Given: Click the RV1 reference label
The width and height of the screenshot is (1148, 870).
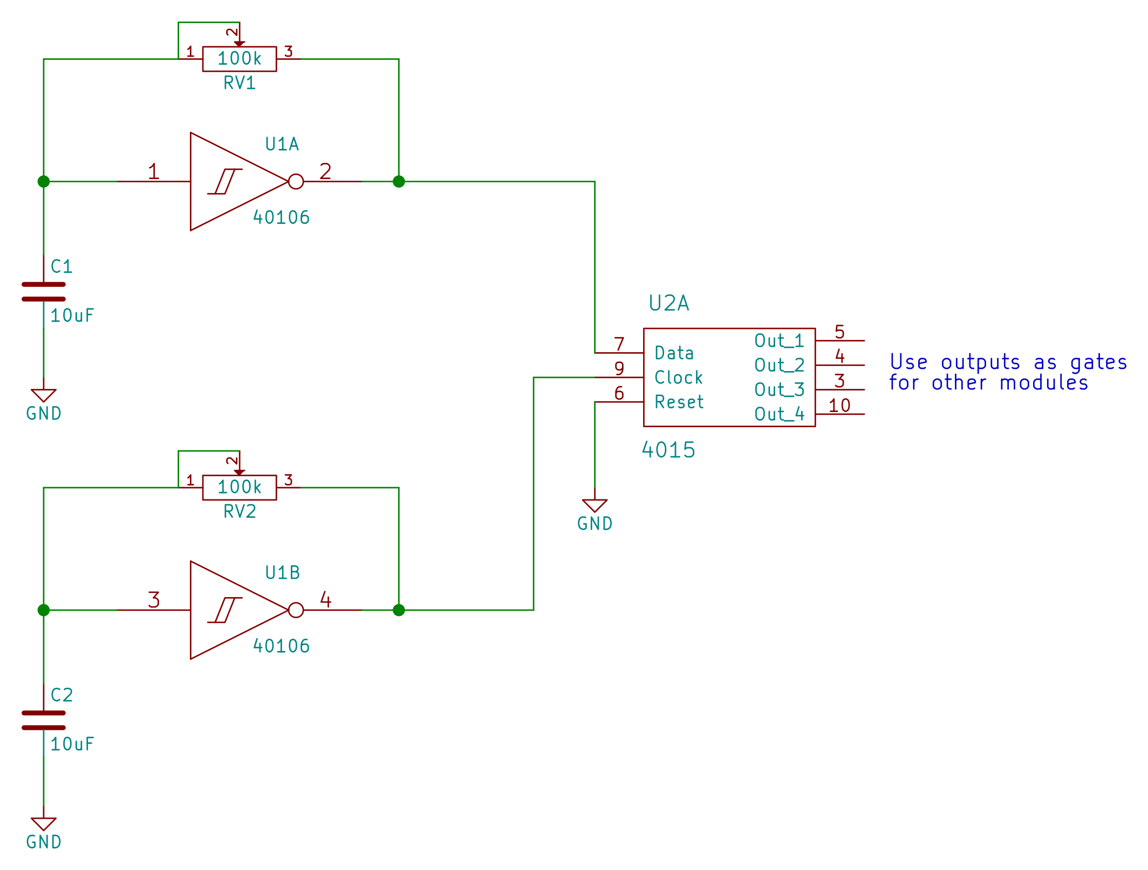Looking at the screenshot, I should [x=240, y=83].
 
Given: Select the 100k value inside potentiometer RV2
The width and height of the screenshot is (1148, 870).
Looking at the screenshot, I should [x=240, y=487].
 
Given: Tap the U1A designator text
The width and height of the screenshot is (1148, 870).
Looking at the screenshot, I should [x=282, y=144].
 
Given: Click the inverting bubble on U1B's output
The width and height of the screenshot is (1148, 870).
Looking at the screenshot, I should [x=296, y=610].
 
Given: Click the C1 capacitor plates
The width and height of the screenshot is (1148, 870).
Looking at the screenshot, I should [x=44, y=291].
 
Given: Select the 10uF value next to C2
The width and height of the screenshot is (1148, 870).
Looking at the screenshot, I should [x=72, y=744].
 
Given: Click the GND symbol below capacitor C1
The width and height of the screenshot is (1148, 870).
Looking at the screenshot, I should [x=44, y=396].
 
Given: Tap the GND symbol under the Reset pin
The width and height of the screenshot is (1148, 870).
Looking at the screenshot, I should [x=594, y=506].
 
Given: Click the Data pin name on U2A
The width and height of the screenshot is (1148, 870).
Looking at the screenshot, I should [x=674, y=353].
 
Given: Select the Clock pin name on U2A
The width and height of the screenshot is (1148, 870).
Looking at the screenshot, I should [x=678, y=378].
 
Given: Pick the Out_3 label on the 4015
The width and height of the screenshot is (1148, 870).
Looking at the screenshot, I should [x=779, y=389].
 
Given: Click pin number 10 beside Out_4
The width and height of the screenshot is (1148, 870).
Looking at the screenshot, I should [x=839, y=406].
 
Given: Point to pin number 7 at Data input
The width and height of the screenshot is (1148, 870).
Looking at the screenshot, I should [x=619, y=344].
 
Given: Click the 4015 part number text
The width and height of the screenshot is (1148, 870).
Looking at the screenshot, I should [x=668, y=450].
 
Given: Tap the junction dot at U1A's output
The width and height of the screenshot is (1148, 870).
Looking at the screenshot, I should [x=399, y=181].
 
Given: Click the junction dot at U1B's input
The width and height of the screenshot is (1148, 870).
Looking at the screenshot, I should [x=44, y=610].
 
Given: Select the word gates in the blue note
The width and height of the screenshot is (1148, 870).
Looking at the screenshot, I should [x=1098, y=362].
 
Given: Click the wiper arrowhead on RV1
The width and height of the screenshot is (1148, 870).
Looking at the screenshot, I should [x=240, y=44].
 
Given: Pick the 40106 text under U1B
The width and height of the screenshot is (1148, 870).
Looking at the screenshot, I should [x=282, y=646].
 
